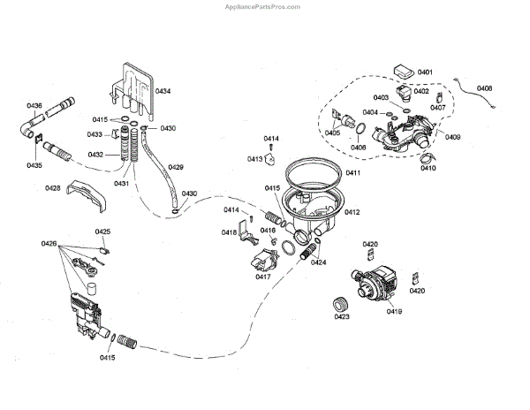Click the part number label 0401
point(425,72)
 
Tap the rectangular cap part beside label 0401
point(404,72)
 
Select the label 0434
point(163,91)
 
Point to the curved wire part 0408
point(476,93)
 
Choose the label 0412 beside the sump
point(352,212)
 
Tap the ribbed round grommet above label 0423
point(341,304)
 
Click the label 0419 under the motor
point(395,311)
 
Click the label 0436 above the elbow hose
point(34,106)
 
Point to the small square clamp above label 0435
point(39,139)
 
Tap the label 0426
point(49,243)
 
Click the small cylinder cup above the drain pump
point(92,289)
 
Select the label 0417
point(263,277)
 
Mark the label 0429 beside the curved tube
point(176,167)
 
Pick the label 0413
point(255,159)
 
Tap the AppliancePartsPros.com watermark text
point(262,7)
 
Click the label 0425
point(102,232)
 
